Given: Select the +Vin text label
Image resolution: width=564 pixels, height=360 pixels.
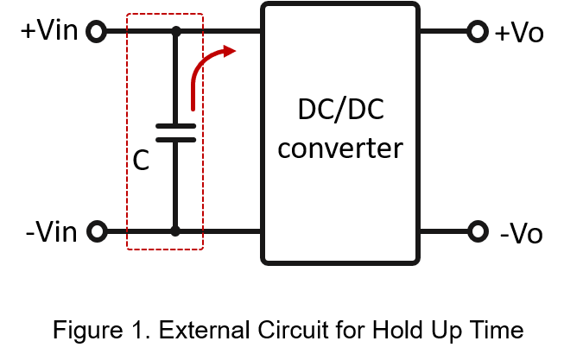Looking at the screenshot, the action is [x=49, y=30].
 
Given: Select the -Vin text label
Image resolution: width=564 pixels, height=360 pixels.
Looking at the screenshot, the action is [x=52, y=232].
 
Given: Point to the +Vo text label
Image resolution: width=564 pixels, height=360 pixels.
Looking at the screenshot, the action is [x=519, y=33].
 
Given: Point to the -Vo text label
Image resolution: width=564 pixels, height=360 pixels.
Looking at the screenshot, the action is [x=521, y=234].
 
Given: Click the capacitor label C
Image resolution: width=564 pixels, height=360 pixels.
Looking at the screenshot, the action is [x=141, y=161].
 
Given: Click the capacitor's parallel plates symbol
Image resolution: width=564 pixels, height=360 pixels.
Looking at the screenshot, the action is [x=176, y=133].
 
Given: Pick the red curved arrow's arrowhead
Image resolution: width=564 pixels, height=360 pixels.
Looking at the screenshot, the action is [x=229, y=51].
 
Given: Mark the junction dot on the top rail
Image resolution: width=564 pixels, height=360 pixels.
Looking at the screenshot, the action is [x=176, y=32].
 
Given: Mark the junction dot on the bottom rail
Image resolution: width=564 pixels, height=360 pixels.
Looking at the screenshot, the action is [x=175, y=231].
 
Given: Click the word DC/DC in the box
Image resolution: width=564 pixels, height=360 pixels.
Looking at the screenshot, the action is [x=341, y=110].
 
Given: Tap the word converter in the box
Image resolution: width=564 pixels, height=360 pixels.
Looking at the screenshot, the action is [x=340, y=148].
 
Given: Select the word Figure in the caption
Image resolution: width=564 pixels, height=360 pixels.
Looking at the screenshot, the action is [x=88, y=331].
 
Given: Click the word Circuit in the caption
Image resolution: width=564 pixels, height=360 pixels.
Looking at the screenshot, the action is [x=289, y=330].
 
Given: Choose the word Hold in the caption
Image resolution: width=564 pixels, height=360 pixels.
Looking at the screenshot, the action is [x=397, y=330].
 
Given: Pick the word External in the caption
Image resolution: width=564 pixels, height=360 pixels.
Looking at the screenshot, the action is [x=205, y=330].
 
